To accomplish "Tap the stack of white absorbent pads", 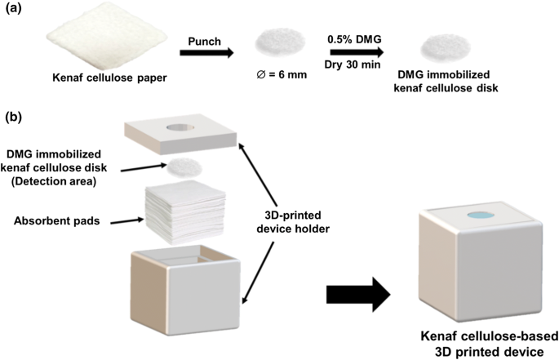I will pos(184,211).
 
